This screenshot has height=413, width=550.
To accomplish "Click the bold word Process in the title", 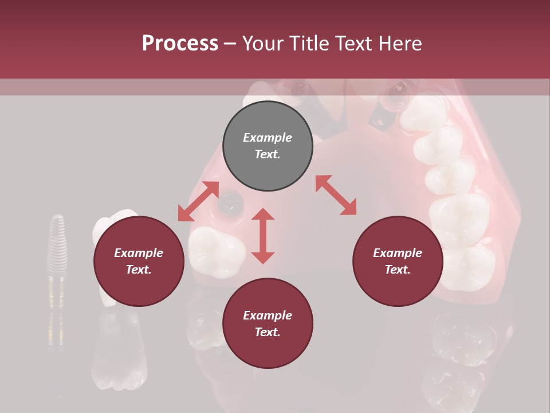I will (x=180, y=44).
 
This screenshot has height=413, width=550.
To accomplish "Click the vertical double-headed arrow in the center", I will (x=263, y=236).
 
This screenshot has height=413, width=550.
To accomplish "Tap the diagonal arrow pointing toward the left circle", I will (x=198, y=201).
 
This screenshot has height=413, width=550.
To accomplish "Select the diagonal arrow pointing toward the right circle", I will (x=336, y=195).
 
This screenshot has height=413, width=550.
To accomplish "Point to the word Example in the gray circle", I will (x=268, y=138).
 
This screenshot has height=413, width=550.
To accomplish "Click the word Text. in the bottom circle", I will (x=268, y=332).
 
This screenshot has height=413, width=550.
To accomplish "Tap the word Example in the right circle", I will (x=398, y=253).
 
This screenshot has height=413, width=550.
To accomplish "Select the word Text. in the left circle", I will (x=139, y=270).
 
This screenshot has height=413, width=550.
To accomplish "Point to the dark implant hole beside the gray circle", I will (x=231, y=200).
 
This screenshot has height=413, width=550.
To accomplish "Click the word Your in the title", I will (x=264, y=44).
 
